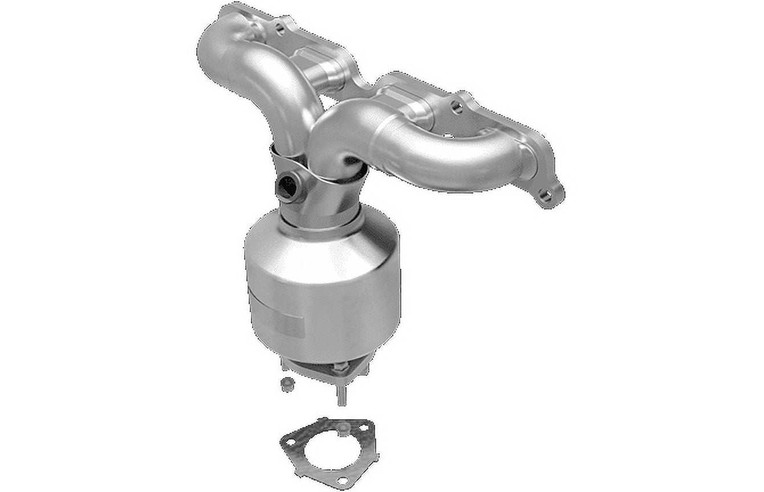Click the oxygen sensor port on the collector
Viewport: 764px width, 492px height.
pos(286,186)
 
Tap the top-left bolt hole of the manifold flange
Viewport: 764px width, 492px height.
pos(279,27)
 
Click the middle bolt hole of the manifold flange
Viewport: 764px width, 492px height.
pos(455,106)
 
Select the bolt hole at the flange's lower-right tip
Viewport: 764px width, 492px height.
pos(546,196)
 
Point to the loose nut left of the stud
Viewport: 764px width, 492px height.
pos(286,384)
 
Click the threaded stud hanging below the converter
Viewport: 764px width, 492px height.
pos(341,393)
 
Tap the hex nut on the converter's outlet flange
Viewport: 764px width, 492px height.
pos(343,367)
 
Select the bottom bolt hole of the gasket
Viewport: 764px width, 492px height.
pos(340,478)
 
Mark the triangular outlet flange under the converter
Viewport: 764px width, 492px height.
pos(319,367)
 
